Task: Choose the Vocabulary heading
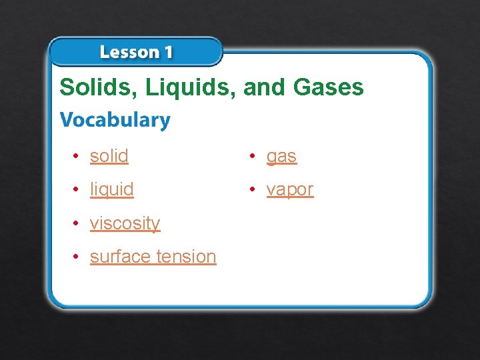pos(115,120)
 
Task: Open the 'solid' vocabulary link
pos(109,156)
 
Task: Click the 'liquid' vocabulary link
pos(112,189)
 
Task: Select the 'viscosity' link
pos(125,223)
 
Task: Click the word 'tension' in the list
pos(186,256)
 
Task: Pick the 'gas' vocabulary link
pos(281,157)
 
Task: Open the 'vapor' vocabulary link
pos(290,190)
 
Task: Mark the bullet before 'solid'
pos(77,156)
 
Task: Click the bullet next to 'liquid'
pos(77,189)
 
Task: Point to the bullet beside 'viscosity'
pos(77,223)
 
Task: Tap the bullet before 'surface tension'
pos(77,256)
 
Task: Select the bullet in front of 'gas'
pos(253,156)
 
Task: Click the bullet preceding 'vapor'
pos(253,189)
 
